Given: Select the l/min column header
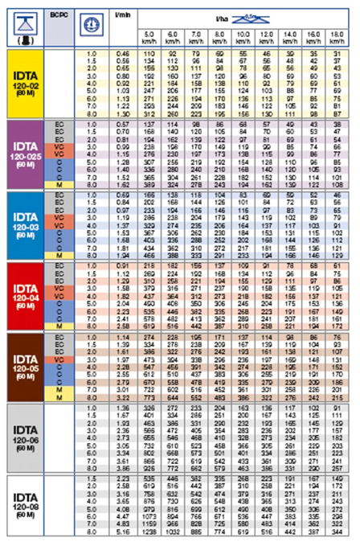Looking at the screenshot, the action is pyautogui.click(x=122, y=14).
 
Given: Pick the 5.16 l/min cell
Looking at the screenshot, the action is pyautogui.click(x=123, y=532).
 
